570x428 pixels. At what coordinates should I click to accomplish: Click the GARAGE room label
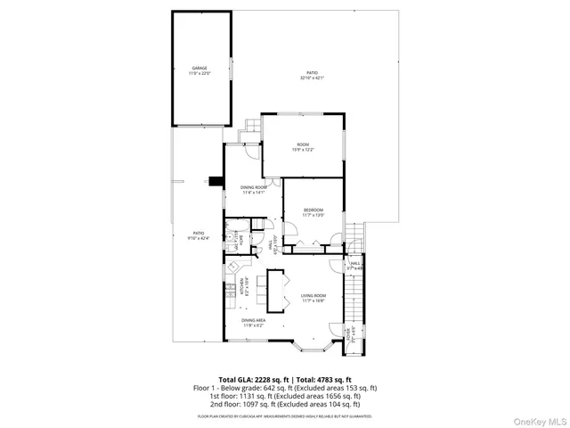coord(199,70)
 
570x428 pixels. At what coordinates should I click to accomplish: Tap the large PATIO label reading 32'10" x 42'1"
coord(312,75)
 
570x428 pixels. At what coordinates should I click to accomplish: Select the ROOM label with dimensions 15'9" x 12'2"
coord(303,147)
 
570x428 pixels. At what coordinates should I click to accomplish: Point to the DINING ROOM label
coord(254,189)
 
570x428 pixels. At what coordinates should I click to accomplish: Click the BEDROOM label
coord(313,212)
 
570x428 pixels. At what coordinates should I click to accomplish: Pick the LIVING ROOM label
coord(313,298)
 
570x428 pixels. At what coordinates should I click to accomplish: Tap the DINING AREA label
coord(253,322)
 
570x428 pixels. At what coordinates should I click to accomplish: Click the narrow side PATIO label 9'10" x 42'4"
coord(197,235)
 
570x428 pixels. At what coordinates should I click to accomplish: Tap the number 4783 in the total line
coord(325,380)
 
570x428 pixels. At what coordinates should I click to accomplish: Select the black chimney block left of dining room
coord(215,178)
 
